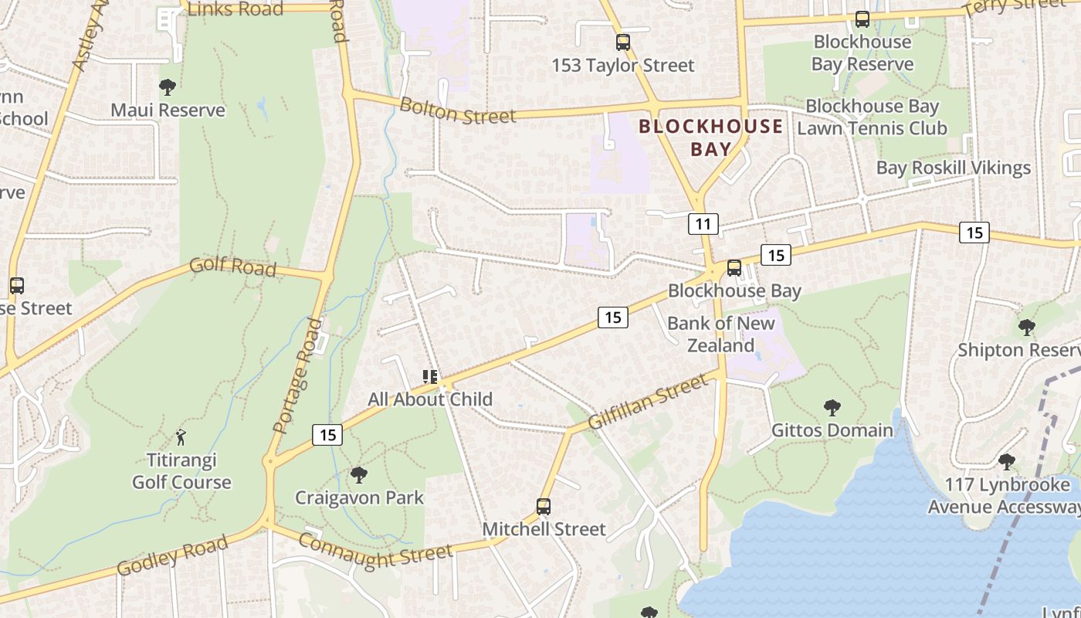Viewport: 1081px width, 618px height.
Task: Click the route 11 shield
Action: click(x=703, y=224)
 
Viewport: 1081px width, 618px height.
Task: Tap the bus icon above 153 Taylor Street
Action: click(x=622, y=42)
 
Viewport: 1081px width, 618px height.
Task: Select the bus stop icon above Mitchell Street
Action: click(x=544, y=507)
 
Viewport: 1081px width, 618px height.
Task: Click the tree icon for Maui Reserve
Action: click(x=167, y=87)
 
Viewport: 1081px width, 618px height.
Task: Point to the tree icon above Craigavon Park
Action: click(x=358, y=474)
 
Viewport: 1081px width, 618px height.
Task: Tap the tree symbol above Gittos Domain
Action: click(x=832, y=407)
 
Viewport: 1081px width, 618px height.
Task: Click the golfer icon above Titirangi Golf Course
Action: click(x=181, y=437)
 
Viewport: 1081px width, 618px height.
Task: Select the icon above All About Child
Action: click(x=430, y=377)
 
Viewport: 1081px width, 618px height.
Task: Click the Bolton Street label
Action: click(x=457, y=110)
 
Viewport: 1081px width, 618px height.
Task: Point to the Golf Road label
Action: click(x=232, y=266)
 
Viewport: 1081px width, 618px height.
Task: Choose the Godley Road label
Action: click(x=172, y=555)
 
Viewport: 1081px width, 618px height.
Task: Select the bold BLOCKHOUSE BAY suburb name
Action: click(x=711, y=138)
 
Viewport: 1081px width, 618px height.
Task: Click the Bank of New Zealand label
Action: click(x=720, y=334)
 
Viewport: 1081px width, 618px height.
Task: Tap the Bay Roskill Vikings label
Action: click(x=953, y=168)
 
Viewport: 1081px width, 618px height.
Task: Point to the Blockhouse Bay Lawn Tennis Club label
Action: click(x=872, y=117)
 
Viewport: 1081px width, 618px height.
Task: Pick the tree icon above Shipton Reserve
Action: click(x=1026, y=327)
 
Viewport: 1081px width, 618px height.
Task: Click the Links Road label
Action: click(x=236, y=8)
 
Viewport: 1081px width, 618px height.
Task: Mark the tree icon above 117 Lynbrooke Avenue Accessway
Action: click(x=1006, y=462)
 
